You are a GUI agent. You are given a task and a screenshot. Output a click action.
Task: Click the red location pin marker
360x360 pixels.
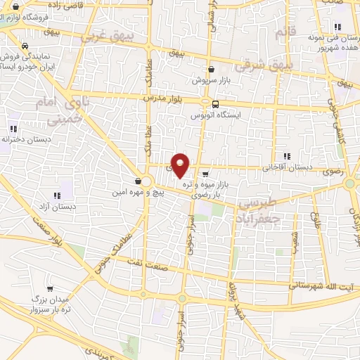(181, 165)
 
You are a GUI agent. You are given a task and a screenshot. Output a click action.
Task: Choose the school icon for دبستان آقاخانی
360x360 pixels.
(286, 156)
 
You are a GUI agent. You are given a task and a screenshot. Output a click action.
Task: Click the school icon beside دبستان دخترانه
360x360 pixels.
(14, 129)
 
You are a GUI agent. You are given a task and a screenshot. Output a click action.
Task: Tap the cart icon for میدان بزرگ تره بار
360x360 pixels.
(50, 289)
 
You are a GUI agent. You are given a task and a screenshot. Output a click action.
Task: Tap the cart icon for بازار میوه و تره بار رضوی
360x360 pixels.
(205, 174)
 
